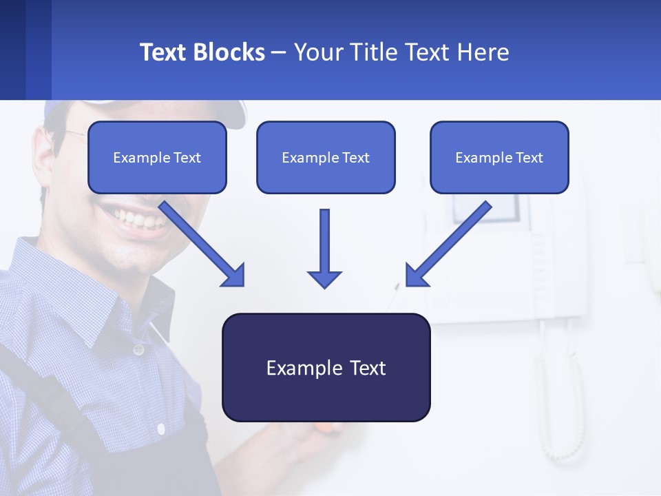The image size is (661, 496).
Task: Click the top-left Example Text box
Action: point(157,157)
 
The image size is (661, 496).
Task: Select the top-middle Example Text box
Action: point(326,157)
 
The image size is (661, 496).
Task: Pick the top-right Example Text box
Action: point(499,157)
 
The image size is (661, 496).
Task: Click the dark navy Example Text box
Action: point(326,367)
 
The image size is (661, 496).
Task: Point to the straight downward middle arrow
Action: point(324,248)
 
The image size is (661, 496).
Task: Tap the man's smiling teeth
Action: point(141,219)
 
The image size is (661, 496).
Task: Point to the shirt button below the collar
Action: point(138,350)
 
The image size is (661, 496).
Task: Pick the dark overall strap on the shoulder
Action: point(41,393)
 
